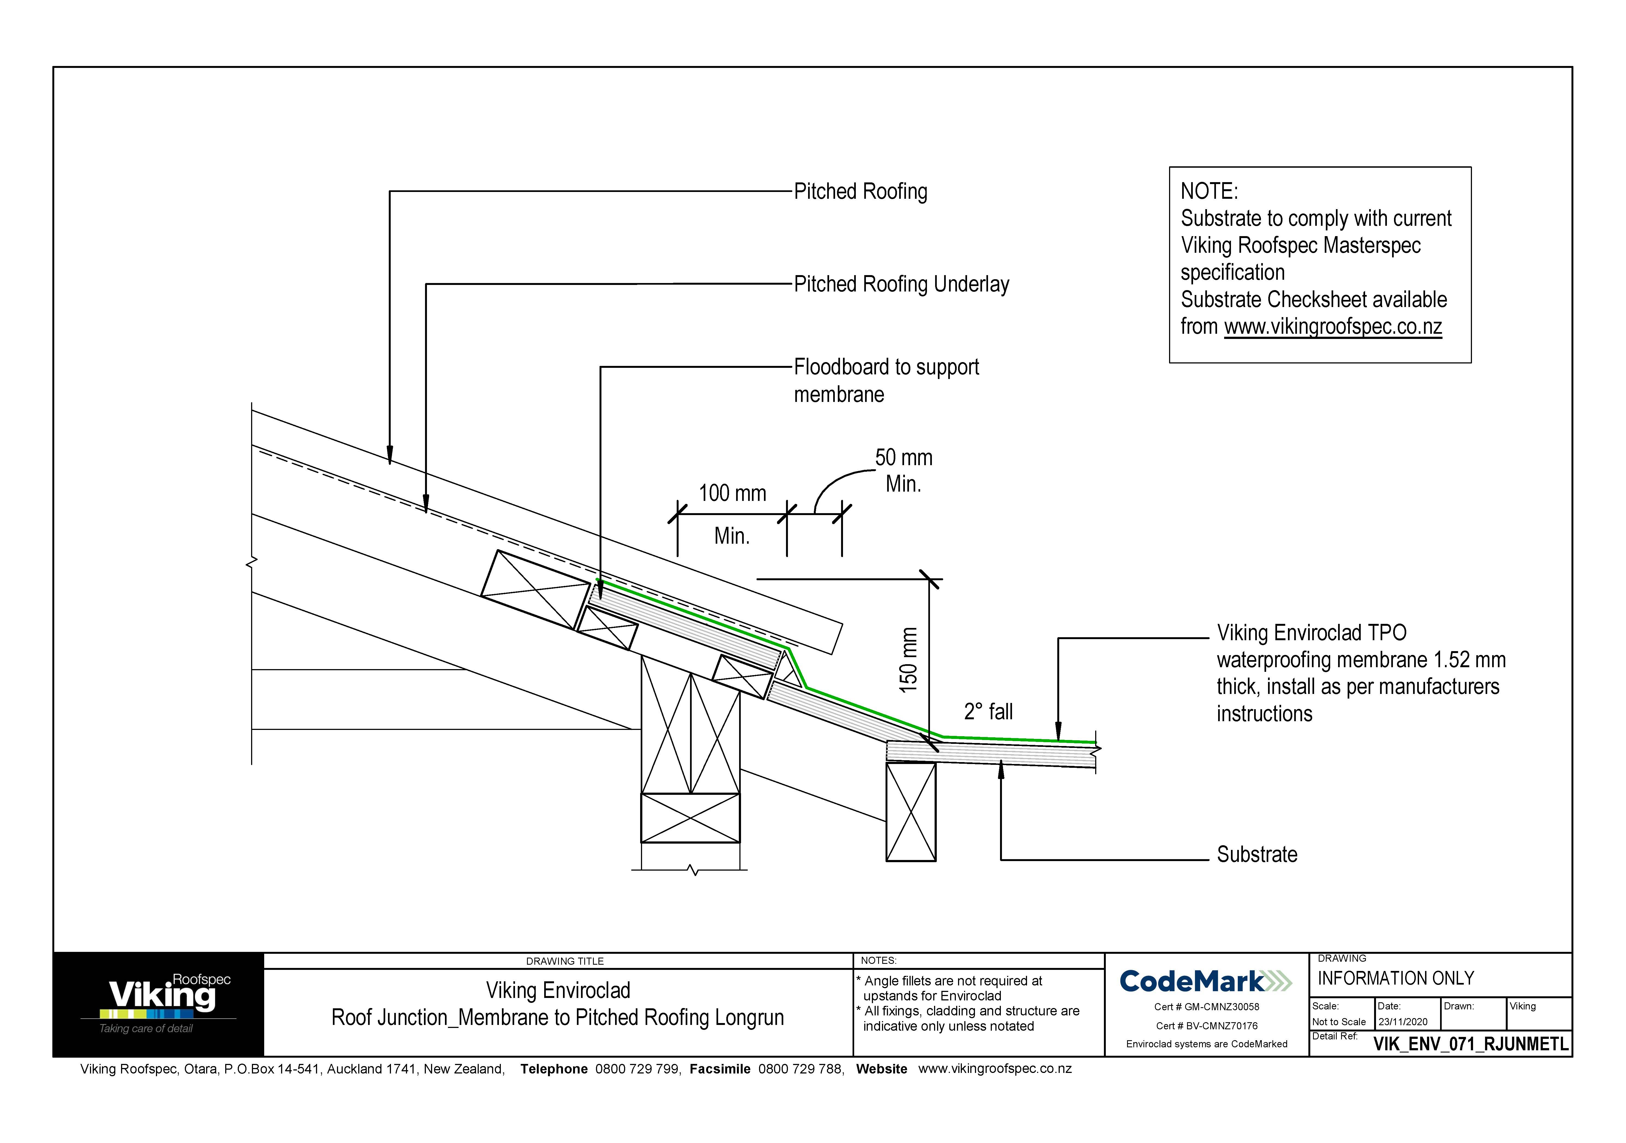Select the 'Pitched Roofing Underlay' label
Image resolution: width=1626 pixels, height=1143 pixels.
coord(901,284)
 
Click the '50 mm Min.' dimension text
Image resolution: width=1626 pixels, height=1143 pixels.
coord(904,470)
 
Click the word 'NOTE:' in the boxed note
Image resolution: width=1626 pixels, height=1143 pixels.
coord(1209,191)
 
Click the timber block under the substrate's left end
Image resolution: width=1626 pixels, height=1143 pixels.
coord(911,811)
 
